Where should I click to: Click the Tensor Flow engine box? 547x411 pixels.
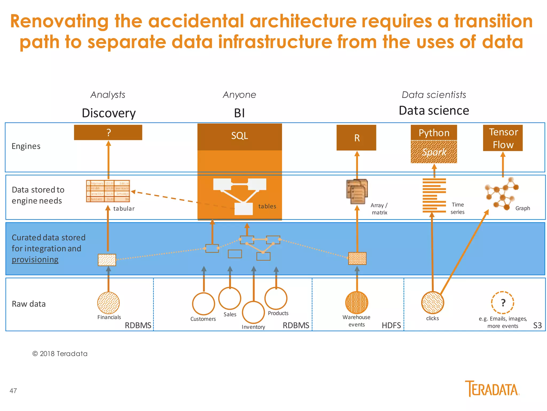click(x=503, y=138)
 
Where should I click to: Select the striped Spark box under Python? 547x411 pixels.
click(x=434, y=152)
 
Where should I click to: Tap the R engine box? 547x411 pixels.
click(x=356, y=138)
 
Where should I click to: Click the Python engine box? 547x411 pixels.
click(x=434, y=133)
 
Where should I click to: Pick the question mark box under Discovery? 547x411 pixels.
click(x=108, y=132)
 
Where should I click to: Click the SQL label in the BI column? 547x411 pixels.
click(x=240, y=136)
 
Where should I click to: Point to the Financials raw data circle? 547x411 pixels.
click(x=108, y=303)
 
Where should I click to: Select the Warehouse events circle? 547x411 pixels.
click(x=357, y=303)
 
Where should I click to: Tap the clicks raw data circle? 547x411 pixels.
click(x=432, y=303)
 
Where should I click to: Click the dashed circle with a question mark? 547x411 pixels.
click(x=503, y=303)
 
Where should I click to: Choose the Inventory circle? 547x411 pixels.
click(x=253, y=312)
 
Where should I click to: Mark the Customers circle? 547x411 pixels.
click(x=204, y=304)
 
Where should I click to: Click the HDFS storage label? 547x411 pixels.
click(x=391, y=325)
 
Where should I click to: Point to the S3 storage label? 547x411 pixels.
click(x=537, y=325)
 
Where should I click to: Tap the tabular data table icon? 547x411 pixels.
click(x=108, y=191)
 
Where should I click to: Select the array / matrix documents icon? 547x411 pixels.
click(x=357, y=192)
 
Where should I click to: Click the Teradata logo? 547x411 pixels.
click(x=492, y=389)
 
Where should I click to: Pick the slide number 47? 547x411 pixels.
click(x=13, y=391)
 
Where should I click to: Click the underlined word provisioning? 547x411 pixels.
click(x=35, y=260)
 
